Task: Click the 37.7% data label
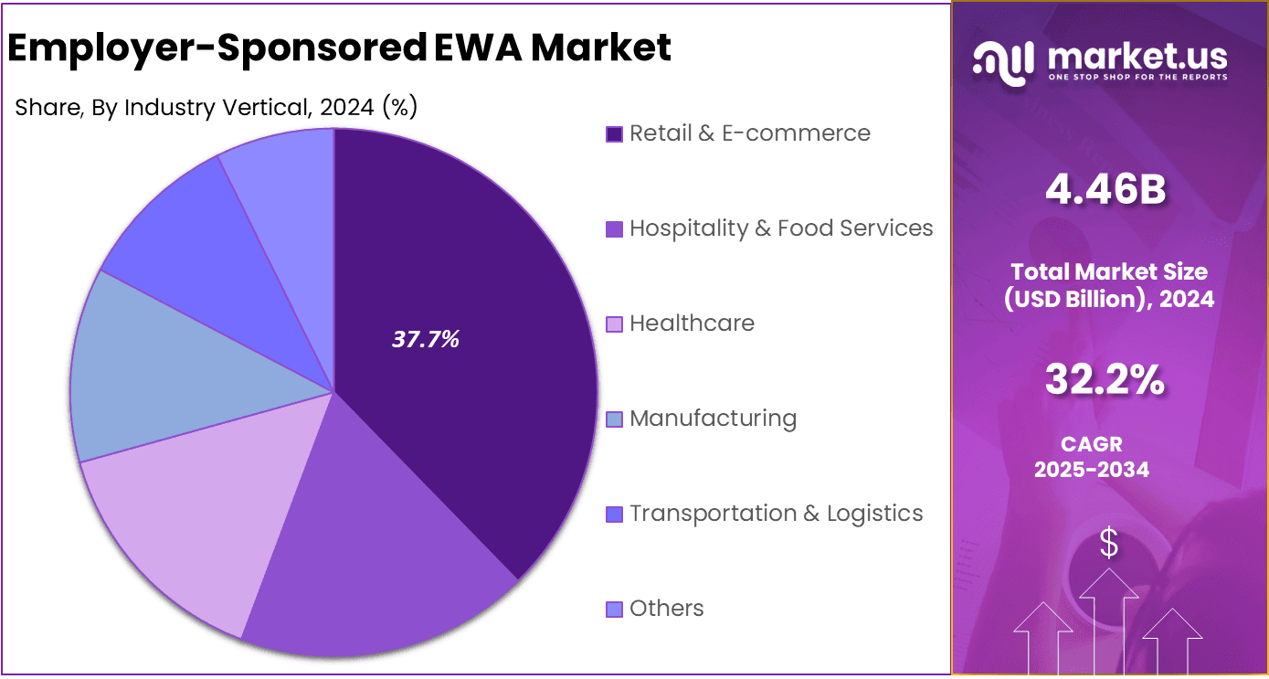click(x=425, y=340)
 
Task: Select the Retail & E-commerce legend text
click(x=749, y=133)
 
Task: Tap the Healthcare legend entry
click(x=692, y=324)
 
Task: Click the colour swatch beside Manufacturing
click(x=614, y=419)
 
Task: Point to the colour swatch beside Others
click(x=614, y=610)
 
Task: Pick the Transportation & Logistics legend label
click(x=776, y=514)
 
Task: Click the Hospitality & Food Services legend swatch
click(x=614, y=229)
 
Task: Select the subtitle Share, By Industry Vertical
click(x=217, y=108)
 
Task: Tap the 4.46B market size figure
click(x=1106, y=190)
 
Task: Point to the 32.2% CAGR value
click(x=1105, y=380)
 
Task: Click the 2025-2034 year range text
click(x=1091, y=470)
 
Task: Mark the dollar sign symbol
click(x=1108, y=544)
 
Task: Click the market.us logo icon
click(x=1002, y=61)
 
